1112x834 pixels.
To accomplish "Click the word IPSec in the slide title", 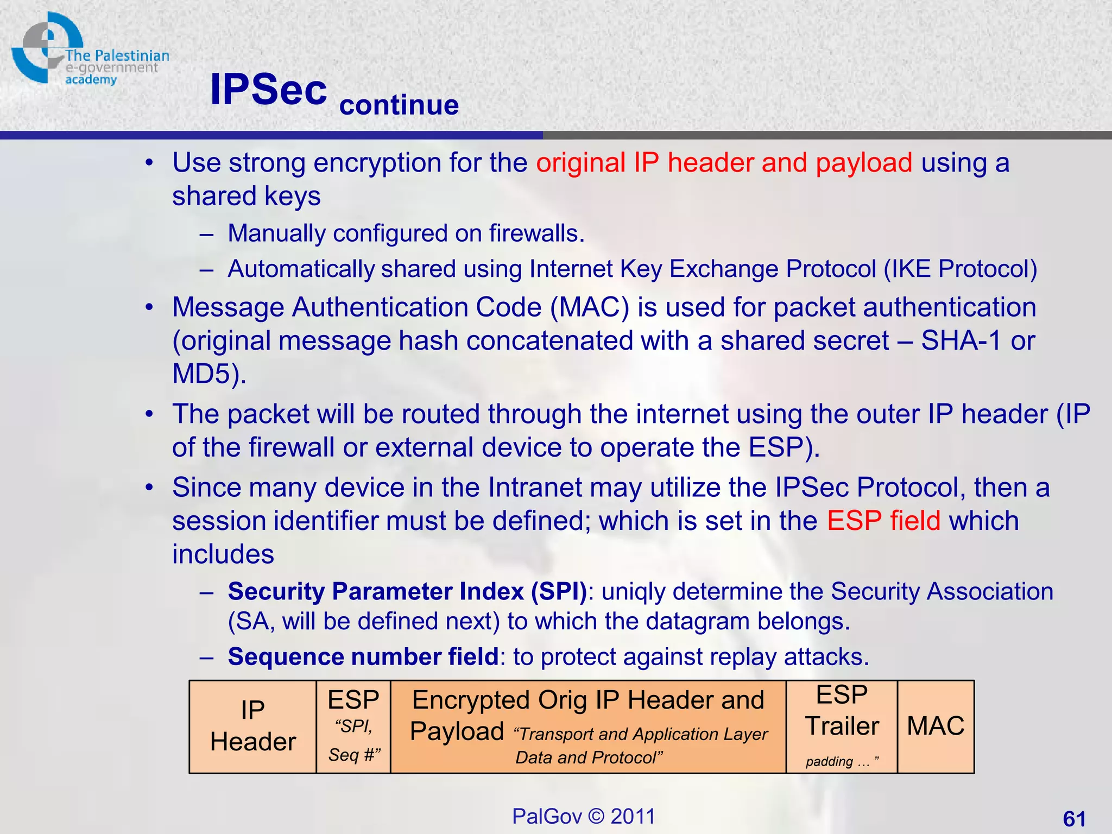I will (x=268, y=90).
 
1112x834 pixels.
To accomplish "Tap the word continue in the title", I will (x=399, y=105).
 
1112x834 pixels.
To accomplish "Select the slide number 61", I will (x=1074, y=818).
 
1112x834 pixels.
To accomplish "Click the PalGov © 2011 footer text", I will (x=583, y=816).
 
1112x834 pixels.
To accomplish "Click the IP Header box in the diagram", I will (x=252, y=726).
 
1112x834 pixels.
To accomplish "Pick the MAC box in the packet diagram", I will (x=935, y=726).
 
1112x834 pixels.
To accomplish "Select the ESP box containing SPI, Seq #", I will (x=353, y=726).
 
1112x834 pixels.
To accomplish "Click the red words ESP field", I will (x=883, y=521).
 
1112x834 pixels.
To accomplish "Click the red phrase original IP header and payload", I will (x=724, y=163).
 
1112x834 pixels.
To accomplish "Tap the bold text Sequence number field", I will (x=363, y=657).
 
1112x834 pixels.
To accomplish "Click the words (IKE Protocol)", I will (x=960, y=269).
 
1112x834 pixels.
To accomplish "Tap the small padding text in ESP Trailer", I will (x=829, y=761).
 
